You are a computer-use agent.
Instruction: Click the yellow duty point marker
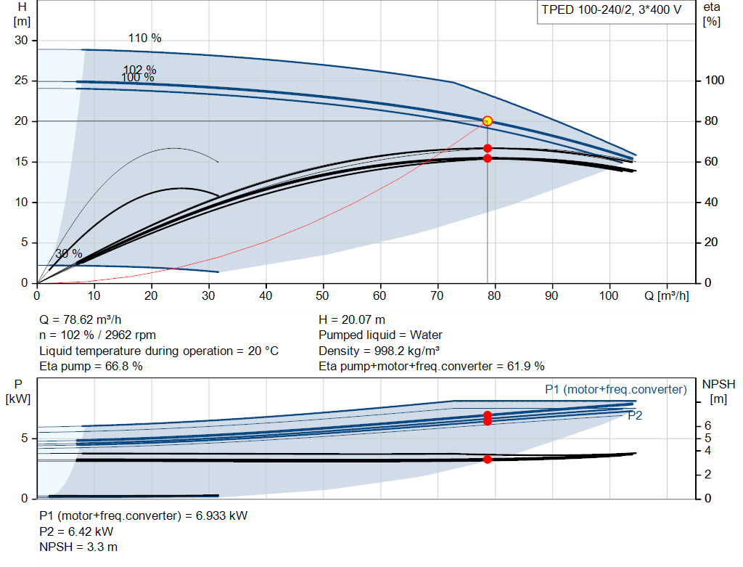coord(487,121)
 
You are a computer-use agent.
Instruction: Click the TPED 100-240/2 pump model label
coord(611,10)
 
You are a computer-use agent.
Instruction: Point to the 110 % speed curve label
coord(144,38)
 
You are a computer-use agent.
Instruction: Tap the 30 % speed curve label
coord(69,253)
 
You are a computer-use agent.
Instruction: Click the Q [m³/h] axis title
coord(666,295)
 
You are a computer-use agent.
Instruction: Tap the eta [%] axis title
coord(711,15)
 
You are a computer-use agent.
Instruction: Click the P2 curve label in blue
coord(635,416)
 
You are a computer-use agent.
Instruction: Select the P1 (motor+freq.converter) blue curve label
coord(615,390)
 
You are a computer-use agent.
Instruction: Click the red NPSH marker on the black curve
coord(487,459)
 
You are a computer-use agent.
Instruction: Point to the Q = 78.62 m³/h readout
coord(80,320)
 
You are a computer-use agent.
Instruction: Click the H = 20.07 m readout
coord(352,320)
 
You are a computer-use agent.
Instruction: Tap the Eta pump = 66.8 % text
coord(91,367)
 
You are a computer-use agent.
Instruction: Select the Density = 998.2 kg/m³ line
coord(379,351)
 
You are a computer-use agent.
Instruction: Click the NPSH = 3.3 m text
coord(78,547)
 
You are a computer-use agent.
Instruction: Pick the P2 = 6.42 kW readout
coord(76,531)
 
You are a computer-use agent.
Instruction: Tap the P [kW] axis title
coord(18,391)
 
